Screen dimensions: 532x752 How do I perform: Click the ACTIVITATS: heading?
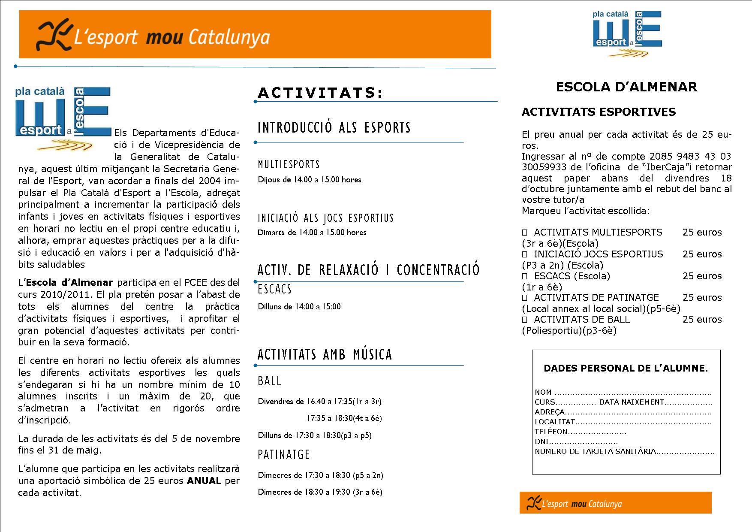[320, 93]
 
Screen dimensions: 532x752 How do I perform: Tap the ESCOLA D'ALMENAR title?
[626, 87]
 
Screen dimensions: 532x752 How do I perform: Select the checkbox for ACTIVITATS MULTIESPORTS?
[524, 233]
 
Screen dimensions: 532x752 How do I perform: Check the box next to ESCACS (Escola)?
[524, 276]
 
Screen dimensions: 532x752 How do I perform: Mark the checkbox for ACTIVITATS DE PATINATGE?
[524, 298]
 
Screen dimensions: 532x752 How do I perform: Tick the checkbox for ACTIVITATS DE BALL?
[524, 320]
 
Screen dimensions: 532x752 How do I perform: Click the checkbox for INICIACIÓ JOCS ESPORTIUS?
[524, 254]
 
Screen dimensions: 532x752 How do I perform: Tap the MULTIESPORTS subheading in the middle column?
[289, 164]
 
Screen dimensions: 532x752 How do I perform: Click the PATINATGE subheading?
[284, 455]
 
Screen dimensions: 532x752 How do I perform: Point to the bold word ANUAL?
[204, 481]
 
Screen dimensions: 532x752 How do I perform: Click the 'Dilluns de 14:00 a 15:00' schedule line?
[299, 307]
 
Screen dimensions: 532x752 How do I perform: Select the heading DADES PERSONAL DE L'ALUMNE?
[626, 368]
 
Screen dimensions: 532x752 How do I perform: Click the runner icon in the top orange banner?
[53, 35]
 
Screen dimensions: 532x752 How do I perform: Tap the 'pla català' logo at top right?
[627, 33]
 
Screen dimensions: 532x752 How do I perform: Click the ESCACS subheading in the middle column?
[274, 289]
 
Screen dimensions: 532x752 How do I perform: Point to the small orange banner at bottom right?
[615, 503]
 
